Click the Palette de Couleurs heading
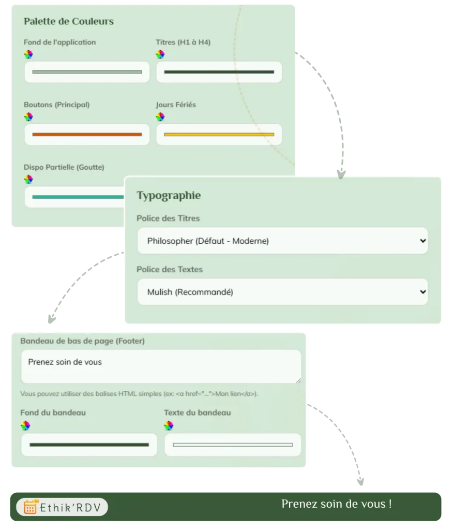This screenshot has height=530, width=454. click(69, 21)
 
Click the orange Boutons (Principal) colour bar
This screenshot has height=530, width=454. click(87, 135)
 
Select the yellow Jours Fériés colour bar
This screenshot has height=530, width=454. click(219, 135)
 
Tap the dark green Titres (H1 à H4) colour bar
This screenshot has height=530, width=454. click(219, 72)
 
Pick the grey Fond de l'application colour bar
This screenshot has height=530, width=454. click(87, 72)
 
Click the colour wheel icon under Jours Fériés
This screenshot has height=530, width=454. click(160, 117)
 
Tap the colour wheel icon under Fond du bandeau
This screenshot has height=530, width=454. click(25, 425)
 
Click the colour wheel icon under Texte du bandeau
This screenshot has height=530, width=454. click(169, 425)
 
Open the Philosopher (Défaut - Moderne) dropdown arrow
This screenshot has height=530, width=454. click(422, 241)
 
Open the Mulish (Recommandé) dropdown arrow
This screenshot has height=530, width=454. click(422, 292)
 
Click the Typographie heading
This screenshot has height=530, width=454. click(169, 195)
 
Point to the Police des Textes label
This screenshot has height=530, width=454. click(170, 269)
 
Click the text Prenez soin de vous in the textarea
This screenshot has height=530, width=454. click(65, 362)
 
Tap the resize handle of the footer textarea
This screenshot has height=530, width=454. click(298, 380)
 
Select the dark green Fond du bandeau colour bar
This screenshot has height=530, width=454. click(89, 445)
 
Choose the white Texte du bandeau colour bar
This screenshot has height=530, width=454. click(233, 445)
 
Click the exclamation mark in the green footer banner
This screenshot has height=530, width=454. click(390, 504)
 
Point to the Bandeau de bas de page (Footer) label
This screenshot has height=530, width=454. click(82, 341)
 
